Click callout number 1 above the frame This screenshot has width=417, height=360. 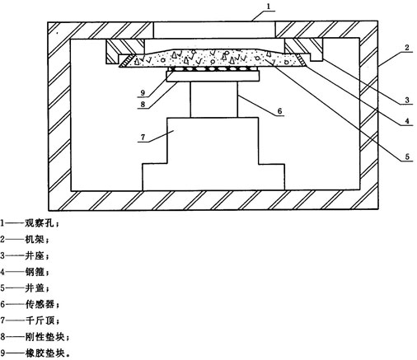pos(269,7)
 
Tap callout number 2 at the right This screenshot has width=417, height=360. pos(407,48)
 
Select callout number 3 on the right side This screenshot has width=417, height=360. pos(407,101)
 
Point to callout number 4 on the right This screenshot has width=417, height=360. pos(407,121)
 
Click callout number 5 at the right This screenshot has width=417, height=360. pos(407,157)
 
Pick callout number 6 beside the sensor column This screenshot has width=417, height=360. pos(279,111)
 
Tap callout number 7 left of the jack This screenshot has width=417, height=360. pos(143,137)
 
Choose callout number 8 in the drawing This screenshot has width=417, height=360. pos(143,104)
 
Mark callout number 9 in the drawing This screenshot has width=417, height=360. pos(143,92)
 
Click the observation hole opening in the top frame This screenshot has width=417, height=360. pos(214,30)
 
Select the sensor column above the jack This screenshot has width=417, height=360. pos(213,100)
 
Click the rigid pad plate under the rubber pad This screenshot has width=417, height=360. pos(213,76)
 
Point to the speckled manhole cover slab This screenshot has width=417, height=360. pos(213,58)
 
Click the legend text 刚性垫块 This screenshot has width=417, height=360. pos(45,337)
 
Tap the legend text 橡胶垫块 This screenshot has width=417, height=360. pos(45,353)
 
